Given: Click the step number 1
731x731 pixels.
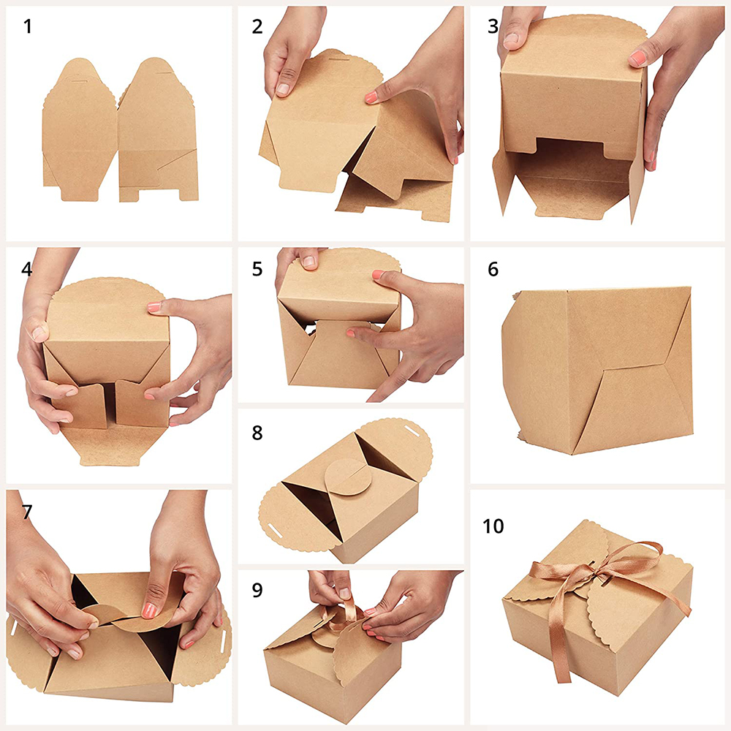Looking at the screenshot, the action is (x=28, y=26).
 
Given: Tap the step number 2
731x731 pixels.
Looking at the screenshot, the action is (x=257, y=26).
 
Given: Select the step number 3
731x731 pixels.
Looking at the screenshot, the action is (x=493, y=26).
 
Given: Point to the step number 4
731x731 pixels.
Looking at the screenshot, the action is (x=26, y=269).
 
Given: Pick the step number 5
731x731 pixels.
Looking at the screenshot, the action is (x=257, y=269).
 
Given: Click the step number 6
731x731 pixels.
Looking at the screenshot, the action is (x=493, y=269).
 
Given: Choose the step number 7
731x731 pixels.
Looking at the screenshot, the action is (x=26, y=512).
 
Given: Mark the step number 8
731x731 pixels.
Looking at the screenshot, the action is (x=257, y=433).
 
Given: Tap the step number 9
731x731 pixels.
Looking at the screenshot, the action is (x=257, y=590).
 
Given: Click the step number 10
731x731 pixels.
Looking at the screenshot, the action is (x=493, y=526).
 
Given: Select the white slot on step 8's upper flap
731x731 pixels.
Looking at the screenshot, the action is (x=411, y=428).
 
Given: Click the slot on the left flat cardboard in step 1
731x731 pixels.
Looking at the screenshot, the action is (x=80, y=81).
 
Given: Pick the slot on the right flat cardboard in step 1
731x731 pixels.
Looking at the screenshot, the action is (x=164, y=72).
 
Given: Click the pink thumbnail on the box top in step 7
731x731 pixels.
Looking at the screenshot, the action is (x=148, y=610).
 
